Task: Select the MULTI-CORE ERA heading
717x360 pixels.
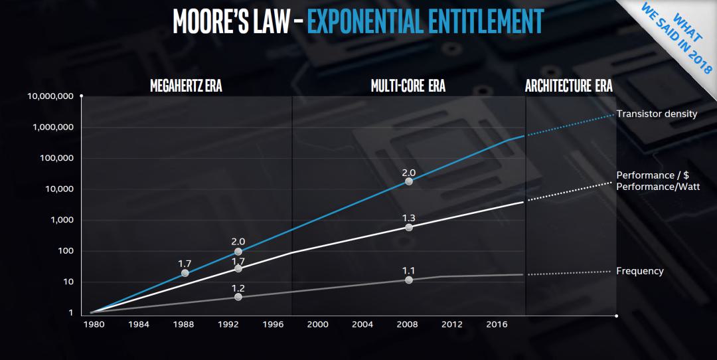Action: click(408, 87)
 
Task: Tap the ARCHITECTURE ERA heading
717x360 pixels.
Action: click(568, 87)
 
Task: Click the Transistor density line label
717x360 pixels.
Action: click(657, 114)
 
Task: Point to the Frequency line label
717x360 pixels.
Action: click(639, 271)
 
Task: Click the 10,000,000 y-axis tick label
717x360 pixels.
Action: click(50, 96)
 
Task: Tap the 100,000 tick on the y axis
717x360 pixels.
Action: click(55, 158)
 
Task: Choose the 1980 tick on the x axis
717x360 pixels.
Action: click(94, 324)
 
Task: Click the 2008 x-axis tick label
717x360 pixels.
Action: click(407, 324)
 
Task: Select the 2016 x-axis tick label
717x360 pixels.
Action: click(497, 324)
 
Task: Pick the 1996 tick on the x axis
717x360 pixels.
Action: click(273, 324)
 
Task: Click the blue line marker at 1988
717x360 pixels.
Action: click(185, 273)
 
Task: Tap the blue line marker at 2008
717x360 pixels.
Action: click(408, 181)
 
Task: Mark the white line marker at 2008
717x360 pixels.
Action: click(408, 227)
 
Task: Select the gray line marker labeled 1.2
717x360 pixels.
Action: click(238, 297)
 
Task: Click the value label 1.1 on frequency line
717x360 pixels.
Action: click(408, 270)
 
